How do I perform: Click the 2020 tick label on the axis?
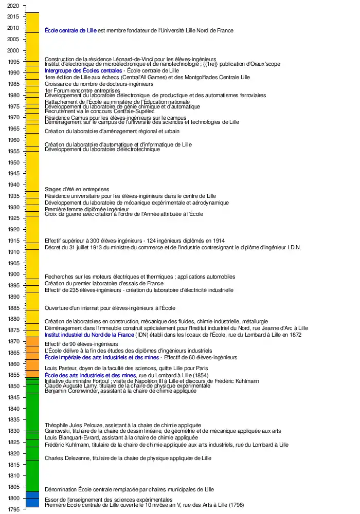click(x=14, y=6)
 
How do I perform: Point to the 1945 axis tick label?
click(x=14, y=173)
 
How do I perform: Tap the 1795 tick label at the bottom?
click(x=14, y=509)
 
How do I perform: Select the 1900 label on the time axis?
click(x=14, y=274)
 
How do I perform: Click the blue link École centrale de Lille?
click(x=70, y=31)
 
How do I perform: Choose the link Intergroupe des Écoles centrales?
click(x=83, y=70)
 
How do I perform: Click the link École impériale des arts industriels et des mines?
click(x=102, y=357)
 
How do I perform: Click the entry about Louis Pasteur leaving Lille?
click(x=127, y=368)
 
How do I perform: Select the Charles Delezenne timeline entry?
click(x=128, y=458)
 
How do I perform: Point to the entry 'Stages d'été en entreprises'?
click(x=77, y=190)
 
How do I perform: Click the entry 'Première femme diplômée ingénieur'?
click(x=86, y=210)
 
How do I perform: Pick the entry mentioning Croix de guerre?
click(x=124, y=214)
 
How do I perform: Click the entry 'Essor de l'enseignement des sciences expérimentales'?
click(x=109, y=500)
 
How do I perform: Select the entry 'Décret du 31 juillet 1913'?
click(x=173, y=248)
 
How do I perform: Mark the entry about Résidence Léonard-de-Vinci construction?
click(x=130, y=59)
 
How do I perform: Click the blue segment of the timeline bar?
click(x=32, y=499)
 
